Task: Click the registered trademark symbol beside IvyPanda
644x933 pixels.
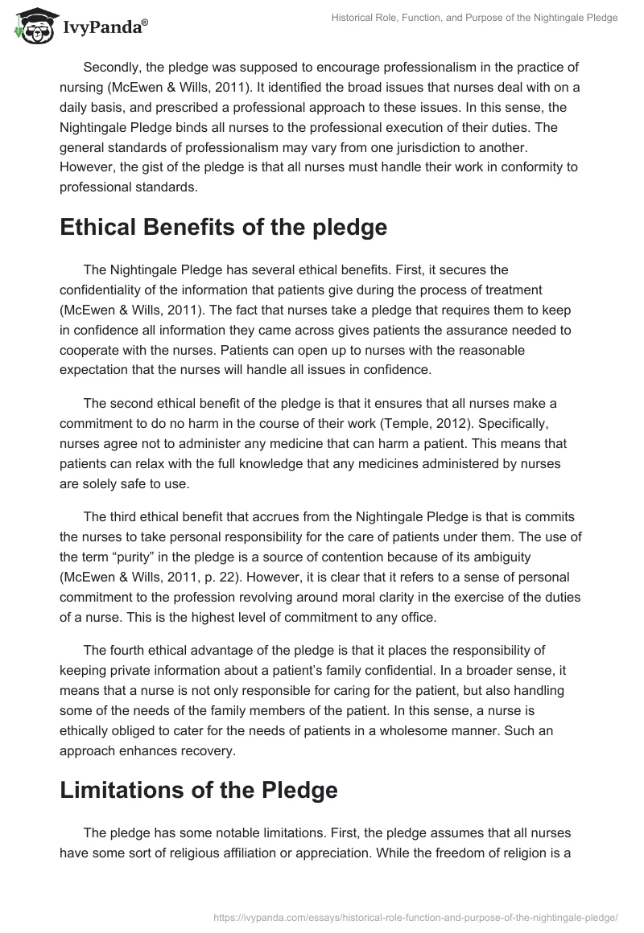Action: pyautogui.click(x=145, y=23)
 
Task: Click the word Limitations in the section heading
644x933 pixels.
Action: pyautogui.click(x=118, y=791)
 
